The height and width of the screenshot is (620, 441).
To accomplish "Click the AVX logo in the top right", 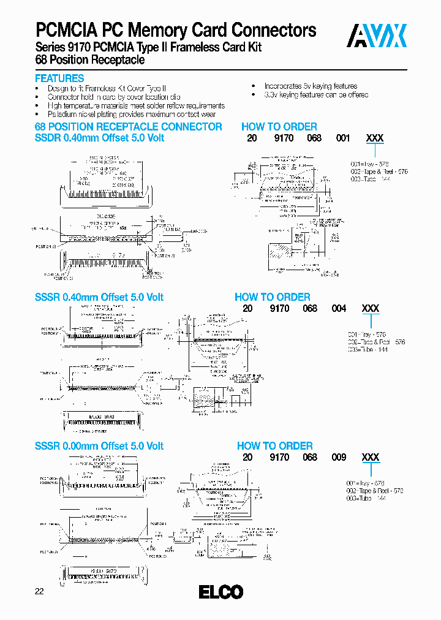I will click(x=377, y=36).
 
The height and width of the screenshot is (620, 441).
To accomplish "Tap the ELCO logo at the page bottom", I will click(x=221, y=592).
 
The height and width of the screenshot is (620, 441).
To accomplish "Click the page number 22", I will click(x=39, y=591).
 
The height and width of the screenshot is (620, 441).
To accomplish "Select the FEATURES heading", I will click(x=59, y=78).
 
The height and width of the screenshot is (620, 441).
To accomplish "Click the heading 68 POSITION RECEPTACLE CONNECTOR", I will click(x=128, y=127).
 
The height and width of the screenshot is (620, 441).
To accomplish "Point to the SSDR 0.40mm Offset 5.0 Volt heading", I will click(x=99, y=138).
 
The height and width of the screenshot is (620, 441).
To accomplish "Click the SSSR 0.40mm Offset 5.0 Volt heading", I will click(x=99, y=297).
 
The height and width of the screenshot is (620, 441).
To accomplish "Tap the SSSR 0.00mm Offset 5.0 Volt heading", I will click(x=99, y=446).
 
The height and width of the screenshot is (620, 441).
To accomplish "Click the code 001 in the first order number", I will click(x=343, y=138).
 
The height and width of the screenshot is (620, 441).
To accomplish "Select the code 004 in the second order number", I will click(x=339, y=309).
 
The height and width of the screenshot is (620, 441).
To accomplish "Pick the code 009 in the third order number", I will click(x=339, y=457).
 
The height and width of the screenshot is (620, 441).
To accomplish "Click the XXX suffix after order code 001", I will click(x=374, y=138).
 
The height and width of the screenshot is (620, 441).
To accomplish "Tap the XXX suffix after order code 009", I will click(x=371, y=457).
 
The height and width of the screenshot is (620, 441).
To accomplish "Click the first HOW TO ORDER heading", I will click(x=279, y=127).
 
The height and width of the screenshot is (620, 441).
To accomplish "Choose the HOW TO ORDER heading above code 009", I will click(x=274, y=446).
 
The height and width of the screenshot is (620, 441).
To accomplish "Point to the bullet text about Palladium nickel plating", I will click(x=132, y=114).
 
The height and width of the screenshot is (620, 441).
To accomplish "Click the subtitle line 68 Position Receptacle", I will click(x=89, y=60).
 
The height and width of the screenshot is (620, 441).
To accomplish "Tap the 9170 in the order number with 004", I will click(x=279, y=309).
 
